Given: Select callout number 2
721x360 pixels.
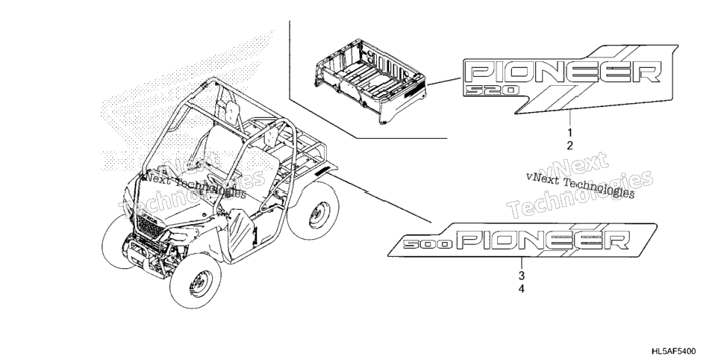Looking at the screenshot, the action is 569,146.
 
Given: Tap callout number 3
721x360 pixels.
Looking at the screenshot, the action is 522,276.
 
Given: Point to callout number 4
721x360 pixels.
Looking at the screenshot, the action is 522,289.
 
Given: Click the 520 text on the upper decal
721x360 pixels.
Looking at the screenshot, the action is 491,90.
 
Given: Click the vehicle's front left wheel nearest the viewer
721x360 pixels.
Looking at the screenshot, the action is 196,282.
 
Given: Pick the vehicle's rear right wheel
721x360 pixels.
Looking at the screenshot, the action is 313,211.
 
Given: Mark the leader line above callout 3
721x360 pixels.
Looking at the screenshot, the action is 522,263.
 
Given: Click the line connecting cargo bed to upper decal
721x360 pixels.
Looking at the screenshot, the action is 444,82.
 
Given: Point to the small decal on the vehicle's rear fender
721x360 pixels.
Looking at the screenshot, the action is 322,171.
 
